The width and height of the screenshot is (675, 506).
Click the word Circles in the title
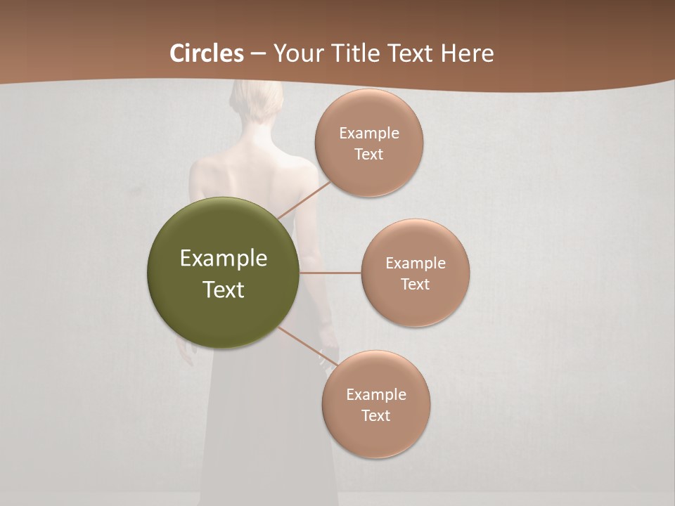(x=207, y=53)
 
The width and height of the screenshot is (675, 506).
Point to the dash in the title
(x=258, y=54)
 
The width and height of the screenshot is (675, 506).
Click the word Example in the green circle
(x=224, y=259)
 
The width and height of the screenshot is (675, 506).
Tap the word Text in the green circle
(x=224, y=290)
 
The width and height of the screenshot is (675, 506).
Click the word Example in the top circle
(x=369, y=134)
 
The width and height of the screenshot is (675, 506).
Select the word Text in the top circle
(x=368, y=155)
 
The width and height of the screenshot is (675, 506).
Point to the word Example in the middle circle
(x=416, y=264)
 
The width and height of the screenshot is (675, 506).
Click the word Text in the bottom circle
(x=375, y=416)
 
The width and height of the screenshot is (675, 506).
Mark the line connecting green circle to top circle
(x=304, y=200)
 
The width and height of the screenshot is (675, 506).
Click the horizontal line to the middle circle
(x=330, y=273)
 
